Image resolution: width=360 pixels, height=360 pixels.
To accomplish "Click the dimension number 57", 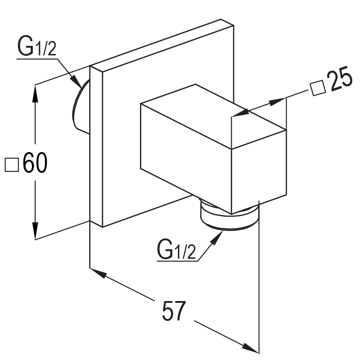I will [x=174, y=311].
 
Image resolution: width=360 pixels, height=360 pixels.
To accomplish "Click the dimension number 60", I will [x=35, y=164].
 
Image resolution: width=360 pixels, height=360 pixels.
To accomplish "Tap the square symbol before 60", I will [x=12, y=164].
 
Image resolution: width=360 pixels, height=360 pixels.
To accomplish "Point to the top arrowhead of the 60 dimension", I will [x=35, y=90].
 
